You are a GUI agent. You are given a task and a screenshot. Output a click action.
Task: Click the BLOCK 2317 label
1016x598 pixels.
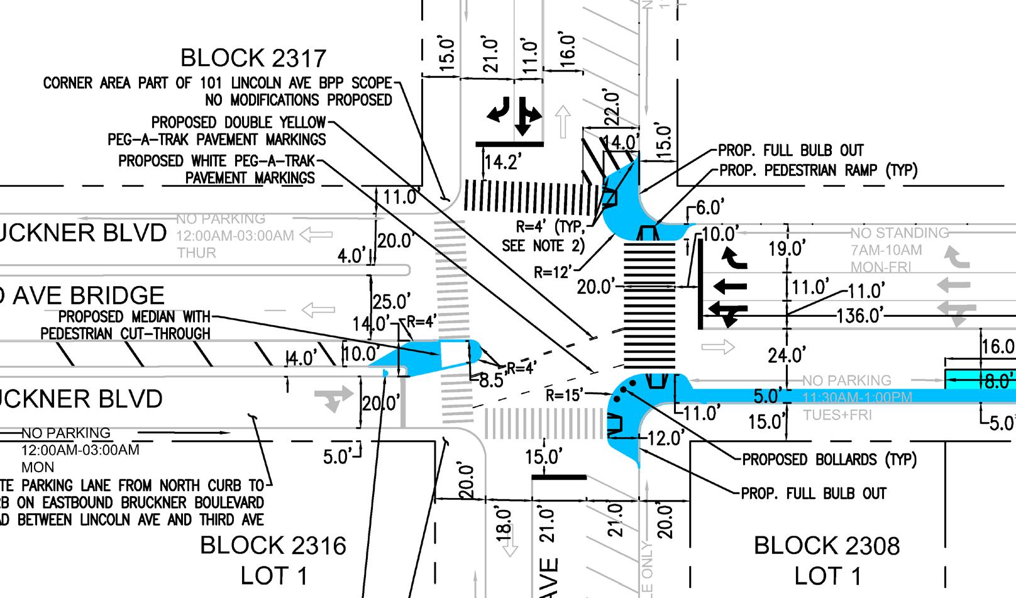click(x=253, y=58)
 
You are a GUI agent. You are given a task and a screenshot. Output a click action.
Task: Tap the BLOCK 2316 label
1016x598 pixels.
click(x=273, y=545)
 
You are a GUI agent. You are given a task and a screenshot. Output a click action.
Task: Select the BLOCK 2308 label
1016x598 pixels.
click(x=827, y=545)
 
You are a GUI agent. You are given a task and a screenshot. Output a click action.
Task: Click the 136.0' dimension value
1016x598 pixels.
click(x=859, y=315)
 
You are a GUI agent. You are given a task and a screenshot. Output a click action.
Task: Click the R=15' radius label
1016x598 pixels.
click(x=563, y=396)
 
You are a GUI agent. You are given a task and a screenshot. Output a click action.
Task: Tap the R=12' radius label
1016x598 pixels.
click(x=553, y=272)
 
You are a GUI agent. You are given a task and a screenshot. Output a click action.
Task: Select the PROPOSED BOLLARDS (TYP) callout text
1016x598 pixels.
click(x=829, y=460)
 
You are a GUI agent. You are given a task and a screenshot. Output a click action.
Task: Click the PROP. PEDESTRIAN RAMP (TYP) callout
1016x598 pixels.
click(x=818, y=170)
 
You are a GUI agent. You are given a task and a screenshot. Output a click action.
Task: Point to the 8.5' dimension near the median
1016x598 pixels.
click(x=490, y=380)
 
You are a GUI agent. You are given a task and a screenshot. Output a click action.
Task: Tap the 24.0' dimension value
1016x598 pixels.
click(x=787, y=356)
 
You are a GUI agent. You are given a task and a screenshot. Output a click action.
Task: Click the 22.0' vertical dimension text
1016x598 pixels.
click(x=611, y=108)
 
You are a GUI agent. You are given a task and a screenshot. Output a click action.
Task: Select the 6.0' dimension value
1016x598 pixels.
click(x=710, y=206)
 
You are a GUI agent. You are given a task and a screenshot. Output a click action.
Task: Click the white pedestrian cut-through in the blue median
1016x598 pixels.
click(x=453, y=353)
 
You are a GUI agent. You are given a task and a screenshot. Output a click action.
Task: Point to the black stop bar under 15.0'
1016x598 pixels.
click(x=559, y=477)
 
